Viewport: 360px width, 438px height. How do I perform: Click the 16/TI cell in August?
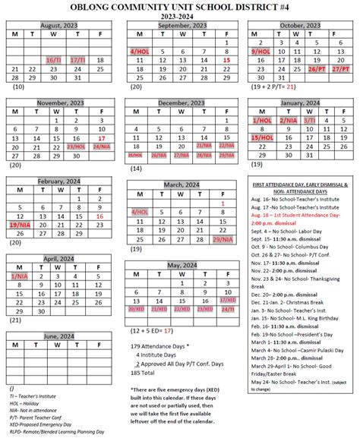click(54, 58)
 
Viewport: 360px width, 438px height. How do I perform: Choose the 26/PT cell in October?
click(317, 68)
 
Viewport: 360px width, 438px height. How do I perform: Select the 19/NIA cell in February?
click(18, 225)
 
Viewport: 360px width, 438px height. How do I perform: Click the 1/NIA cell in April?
click(17, 276)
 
